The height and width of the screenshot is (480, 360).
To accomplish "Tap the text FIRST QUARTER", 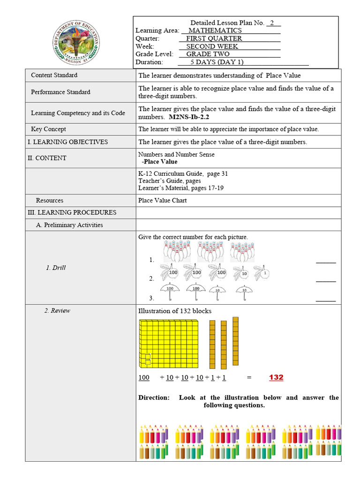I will [x=214, y=38].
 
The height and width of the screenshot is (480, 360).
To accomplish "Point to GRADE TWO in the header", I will [x=208, y=54].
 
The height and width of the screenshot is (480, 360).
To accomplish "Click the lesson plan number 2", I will [x=273, y=23].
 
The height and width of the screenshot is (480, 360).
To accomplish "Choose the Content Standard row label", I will [x=54, y=75].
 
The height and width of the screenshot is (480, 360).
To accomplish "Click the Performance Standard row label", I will [x=60, y=92].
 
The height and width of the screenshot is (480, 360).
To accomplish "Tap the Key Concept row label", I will [x=48, y=129].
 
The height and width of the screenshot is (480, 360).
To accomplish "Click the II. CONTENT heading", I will [x=47, y=158].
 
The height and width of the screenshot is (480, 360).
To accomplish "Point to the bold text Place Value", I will [x=160, y=162].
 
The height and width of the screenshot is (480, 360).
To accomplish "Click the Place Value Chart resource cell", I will [x=162, y=200].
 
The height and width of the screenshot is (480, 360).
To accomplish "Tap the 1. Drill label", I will [x=56, y=268].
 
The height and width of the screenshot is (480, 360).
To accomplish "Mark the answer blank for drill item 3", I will [x=326, y=299].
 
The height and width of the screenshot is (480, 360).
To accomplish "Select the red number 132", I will [x=276, y=377].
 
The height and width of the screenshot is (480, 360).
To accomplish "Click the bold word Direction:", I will [x=154, y=397].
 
